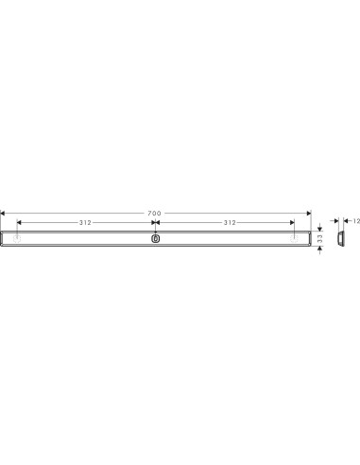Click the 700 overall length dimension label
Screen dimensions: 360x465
154,214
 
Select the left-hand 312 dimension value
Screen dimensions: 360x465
85,223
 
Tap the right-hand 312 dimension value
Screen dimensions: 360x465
230,223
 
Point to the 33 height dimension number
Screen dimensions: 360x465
320,238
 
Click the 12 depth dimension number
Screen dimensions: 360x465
356,221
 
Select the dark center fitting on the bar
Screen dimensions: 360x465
155,238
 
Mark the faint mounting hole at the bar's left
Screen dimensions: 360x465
17,239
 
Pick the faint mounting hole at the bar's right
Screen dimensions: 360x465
294,239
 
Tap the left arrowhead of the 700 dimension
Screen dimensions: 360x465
3,214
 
